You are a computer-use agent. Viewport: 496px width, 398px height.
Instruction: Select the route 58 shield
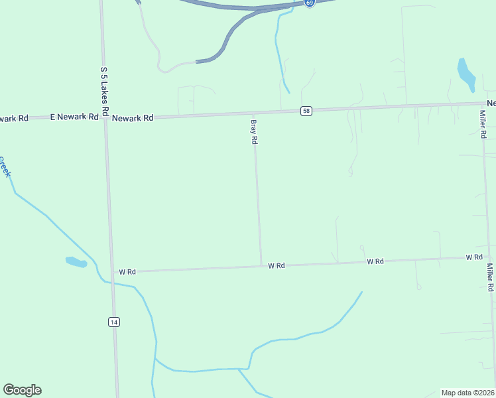(306, 111)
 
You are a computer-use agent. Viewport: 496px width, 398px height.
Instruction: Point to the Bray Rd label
(253, 132)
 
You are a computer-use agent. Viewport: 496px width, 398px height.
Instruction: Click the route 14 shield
(113, 322)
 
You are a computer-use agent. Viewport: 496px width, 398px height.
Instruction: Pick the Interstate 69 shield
(310, 3)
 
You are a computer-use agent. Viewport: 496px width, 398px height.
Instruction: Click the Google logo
(22, 390)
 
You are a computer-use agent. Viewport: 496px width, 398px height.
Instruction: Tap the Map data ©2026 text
(468, 393)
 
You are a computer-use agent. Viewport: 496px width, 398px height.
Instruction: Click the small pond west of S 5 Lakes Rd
(76, 262)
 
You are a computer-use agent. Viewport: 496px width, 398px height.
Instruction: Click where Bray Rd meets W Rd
(261, 265)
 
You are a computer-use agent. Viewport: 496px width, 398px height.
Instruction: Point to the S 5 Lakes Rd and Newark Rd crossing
(105, 117)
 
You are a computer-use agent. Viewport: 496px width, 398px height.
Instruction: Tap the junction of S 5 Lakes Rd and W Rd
(111, 271)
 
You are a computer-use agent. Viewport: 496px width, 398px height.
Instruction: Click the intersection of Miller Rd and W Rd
(489, 257)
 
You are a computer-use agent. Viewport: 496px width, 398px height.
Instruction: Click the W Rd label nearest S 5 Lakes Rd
(127, 272)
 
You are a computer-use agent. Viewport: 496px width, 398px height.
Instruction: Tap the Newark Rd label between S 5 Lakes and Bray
(133, 117)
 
